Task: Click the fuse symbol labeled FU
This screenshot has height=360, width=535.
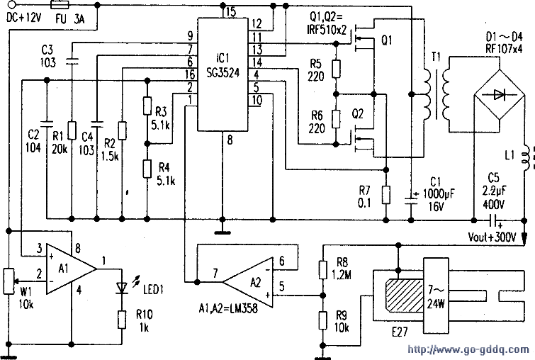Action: pos(60,5)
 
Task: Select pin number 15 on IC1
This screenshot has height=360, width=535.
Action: pos(230,12)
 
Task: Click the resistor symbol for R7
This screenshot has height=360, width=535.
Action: pos(386,195)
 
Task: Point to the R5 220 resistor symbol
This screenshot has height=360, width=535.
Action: pos(336,69)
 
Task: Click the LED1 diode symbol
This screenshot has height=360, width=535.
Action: pos(122,288)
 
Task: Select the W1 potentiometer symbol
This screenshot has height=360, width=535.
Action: pos(9,281)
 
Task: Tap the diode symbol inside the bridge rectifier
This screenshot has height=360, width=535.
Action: pos(500,94)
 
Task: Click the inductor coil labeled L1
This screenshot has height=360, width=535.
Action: pos(526,157)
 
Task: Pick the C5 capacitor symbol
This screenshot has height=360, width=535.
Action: pos(493,220)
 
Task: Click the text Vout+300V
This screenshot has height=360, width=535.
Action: pos(492,237)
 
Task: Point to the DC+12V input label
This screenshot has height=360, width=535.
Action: pos(24,18)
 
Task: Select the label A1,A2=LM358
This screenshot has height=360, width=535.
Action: pos(228,308)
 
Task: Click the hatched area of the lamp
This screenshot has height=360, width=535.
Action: pos(404,295)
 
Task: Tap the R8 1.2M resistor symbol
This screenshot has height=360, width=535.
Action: pos(323,269)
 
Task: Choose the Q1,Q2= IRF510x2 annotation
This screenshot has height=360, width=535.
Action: pos(327,23)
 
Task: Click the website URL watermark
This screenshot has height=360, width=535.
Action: pos(468,349)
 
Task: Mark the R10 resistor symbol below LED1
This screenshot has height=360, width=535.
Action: pos(122,320)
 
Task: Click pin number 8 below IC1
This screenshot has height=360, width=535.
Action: pos(230,140)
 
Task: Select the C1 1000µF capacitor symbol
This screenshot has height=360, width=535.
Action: pos(411,200)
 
